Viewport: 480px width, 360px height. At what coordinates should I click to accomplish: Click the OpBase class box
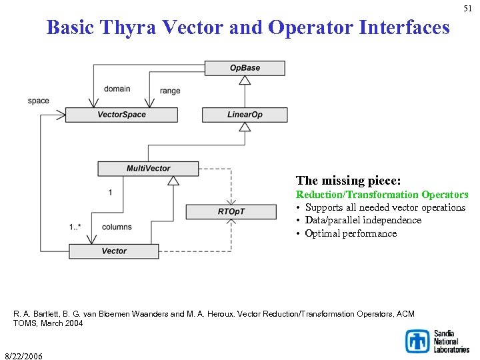click(245, 68)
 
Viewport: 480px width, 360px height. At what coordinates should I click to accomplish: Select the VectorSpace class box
click(122, 115)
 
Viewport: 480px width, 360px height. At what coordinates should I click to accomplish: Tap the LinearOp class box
click(245, 115)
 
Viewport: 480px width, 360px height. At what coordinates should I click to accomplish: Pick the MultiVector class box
click(148, 169)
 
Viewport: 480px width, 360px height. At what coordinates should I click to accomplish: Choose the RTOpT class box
click(231, 212)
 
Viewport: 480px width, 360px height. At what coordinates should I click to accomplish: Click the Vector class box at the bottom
click(114, 251)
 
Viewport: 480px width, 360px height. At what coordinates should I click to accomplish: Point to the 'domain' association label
click(117, 89)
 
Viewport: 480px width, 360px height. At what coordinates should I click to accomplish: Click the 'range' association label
click(170, 91)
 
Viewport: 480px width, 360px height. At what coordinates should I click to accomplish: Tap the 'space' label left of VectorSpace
click(39, 101)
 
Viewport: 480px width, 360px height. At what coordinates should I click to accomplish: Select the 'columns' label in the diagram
click(117, 227)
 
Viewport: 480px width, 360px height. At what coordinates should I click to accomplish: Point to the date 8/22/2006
click(23, 356)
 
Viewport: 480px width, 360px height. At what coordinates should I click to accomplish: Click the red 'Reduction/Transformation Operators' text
click(382, 195)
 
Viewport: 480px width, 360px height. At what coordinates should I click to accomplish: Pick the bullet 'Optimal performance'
click(351, 233)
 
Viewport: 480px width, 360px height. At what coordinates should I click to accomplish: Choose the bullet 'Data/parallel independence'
click(363, 220)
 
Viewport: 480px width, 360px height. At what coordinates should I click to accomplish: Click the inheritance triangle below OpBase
click(245, 80)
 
